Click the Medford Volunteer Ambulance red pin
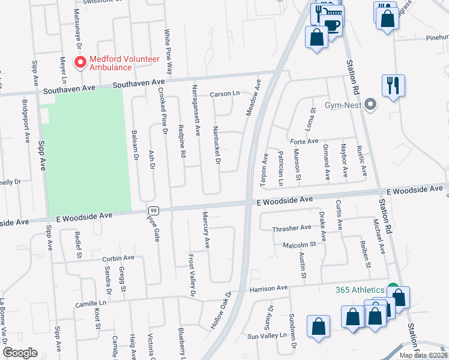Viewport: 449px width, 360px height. tap(79, 62)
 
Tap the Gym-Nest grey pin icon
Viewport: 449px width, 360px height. tap(371, 105)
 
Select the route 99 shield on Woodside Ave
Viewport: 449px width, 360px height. tap(154, 210)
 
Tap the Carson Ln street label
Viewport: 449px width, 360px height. tap(224, 94)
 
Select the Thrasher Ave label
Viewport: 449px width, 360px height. tap(292, 227)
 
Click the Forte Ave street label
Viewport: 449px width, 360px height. tap(304, 141)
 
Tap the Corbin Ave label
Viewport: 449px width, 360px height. tap(118, 258)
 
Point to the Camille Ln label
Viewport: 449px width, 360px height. tap(91, 304)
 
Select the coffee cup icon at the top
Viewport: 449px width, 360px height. tap(331, 24)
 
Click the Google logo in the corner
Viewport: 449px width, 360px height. tap(20, 353)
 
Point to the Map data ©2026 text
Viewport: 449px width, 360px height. tap(423, 355)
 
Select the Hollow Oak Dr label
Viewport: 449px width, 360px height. tap(221, 310)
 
